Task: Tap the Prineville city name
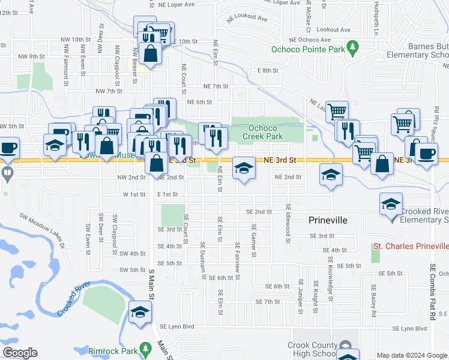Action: (x=328, y=220)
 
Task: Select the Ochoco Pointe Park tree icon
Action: (x=354, y=46)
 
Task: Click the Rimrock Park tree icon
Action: (x=145, y=349)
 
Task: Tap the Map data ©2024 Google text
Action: (x=411, y=355)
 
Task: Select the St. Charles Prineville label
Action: (x=411, y=246)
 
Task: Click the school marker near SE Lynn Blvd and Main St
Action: (x=140, y=313)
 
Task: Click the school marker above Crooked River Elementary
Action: (x=391, y=204)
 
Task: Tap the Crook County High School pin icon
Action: (x=345, y=346)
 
